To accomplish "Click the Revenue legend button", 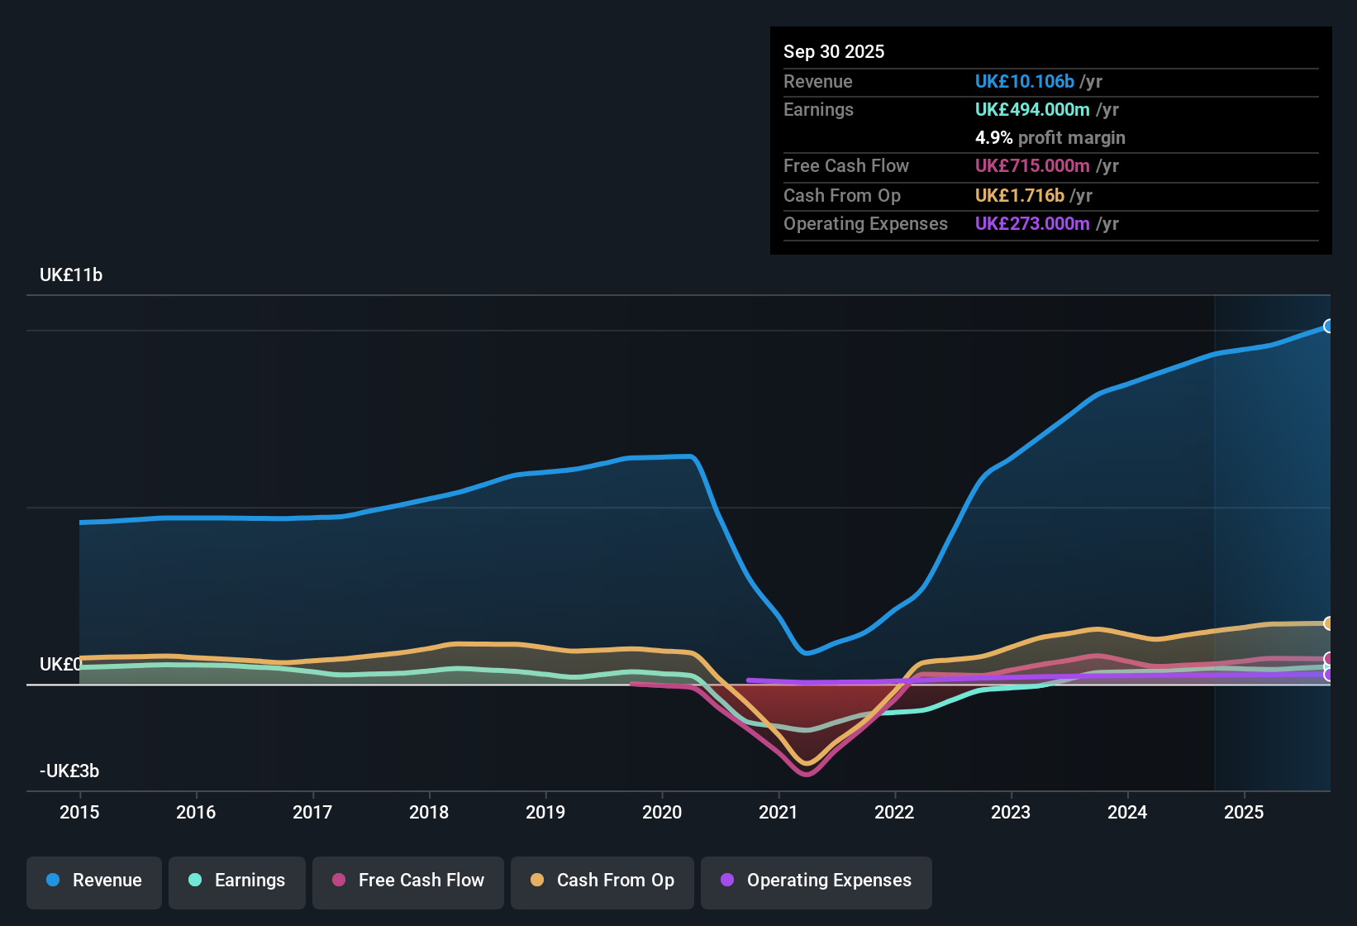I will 94,881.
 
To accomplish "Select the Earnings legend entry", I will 237,881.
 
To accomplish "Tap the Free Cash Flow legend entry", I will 408,881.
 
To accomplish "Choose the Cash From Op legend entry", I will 602,881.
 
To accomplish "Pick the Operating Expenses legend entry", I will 817,881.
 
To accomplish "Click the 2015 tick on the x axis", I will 79,812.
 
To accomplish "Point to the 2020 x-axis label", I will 662,812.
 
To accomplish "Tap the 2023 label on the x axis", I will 1011,812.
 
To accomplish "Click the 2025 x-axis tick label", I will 1244,812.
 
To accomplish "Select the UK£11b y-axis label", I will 71,275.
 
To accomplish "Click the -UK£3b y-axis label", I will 69,771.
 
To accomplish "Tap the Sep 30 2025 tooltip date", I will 834,51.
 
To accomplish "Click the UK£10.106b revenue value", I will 1024,81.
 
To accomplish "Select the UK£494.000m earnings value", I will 1032,109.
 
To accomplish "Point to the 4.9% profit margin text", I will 1050,137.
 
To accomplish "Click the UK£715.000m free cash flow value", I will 1032,165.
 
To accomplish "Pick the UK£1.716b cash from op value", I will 1019,195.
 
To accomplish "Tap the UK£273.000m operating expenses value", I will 1032,223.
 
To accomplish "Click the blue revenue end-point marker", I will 1328,326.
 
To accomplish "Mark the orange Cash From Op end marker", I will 1328,623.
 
